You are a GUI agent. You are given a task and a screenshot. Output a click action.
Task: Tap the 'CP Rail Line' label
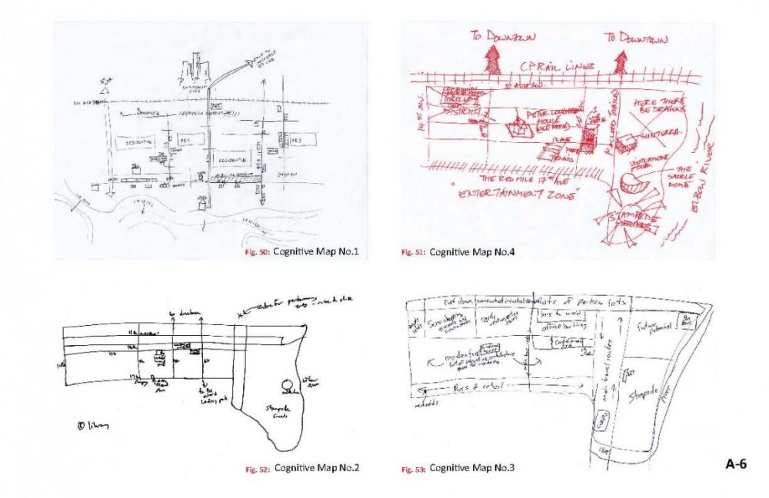pyautogui.click(x=548, y=68)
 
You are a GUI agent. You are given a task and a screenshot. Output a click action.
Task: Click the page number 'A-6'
pyautogui.click(x=736, y=464)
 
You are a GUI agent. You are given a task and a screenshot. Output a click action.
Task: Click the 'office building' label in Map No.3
pyautogui.click(x=541, y=326)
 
